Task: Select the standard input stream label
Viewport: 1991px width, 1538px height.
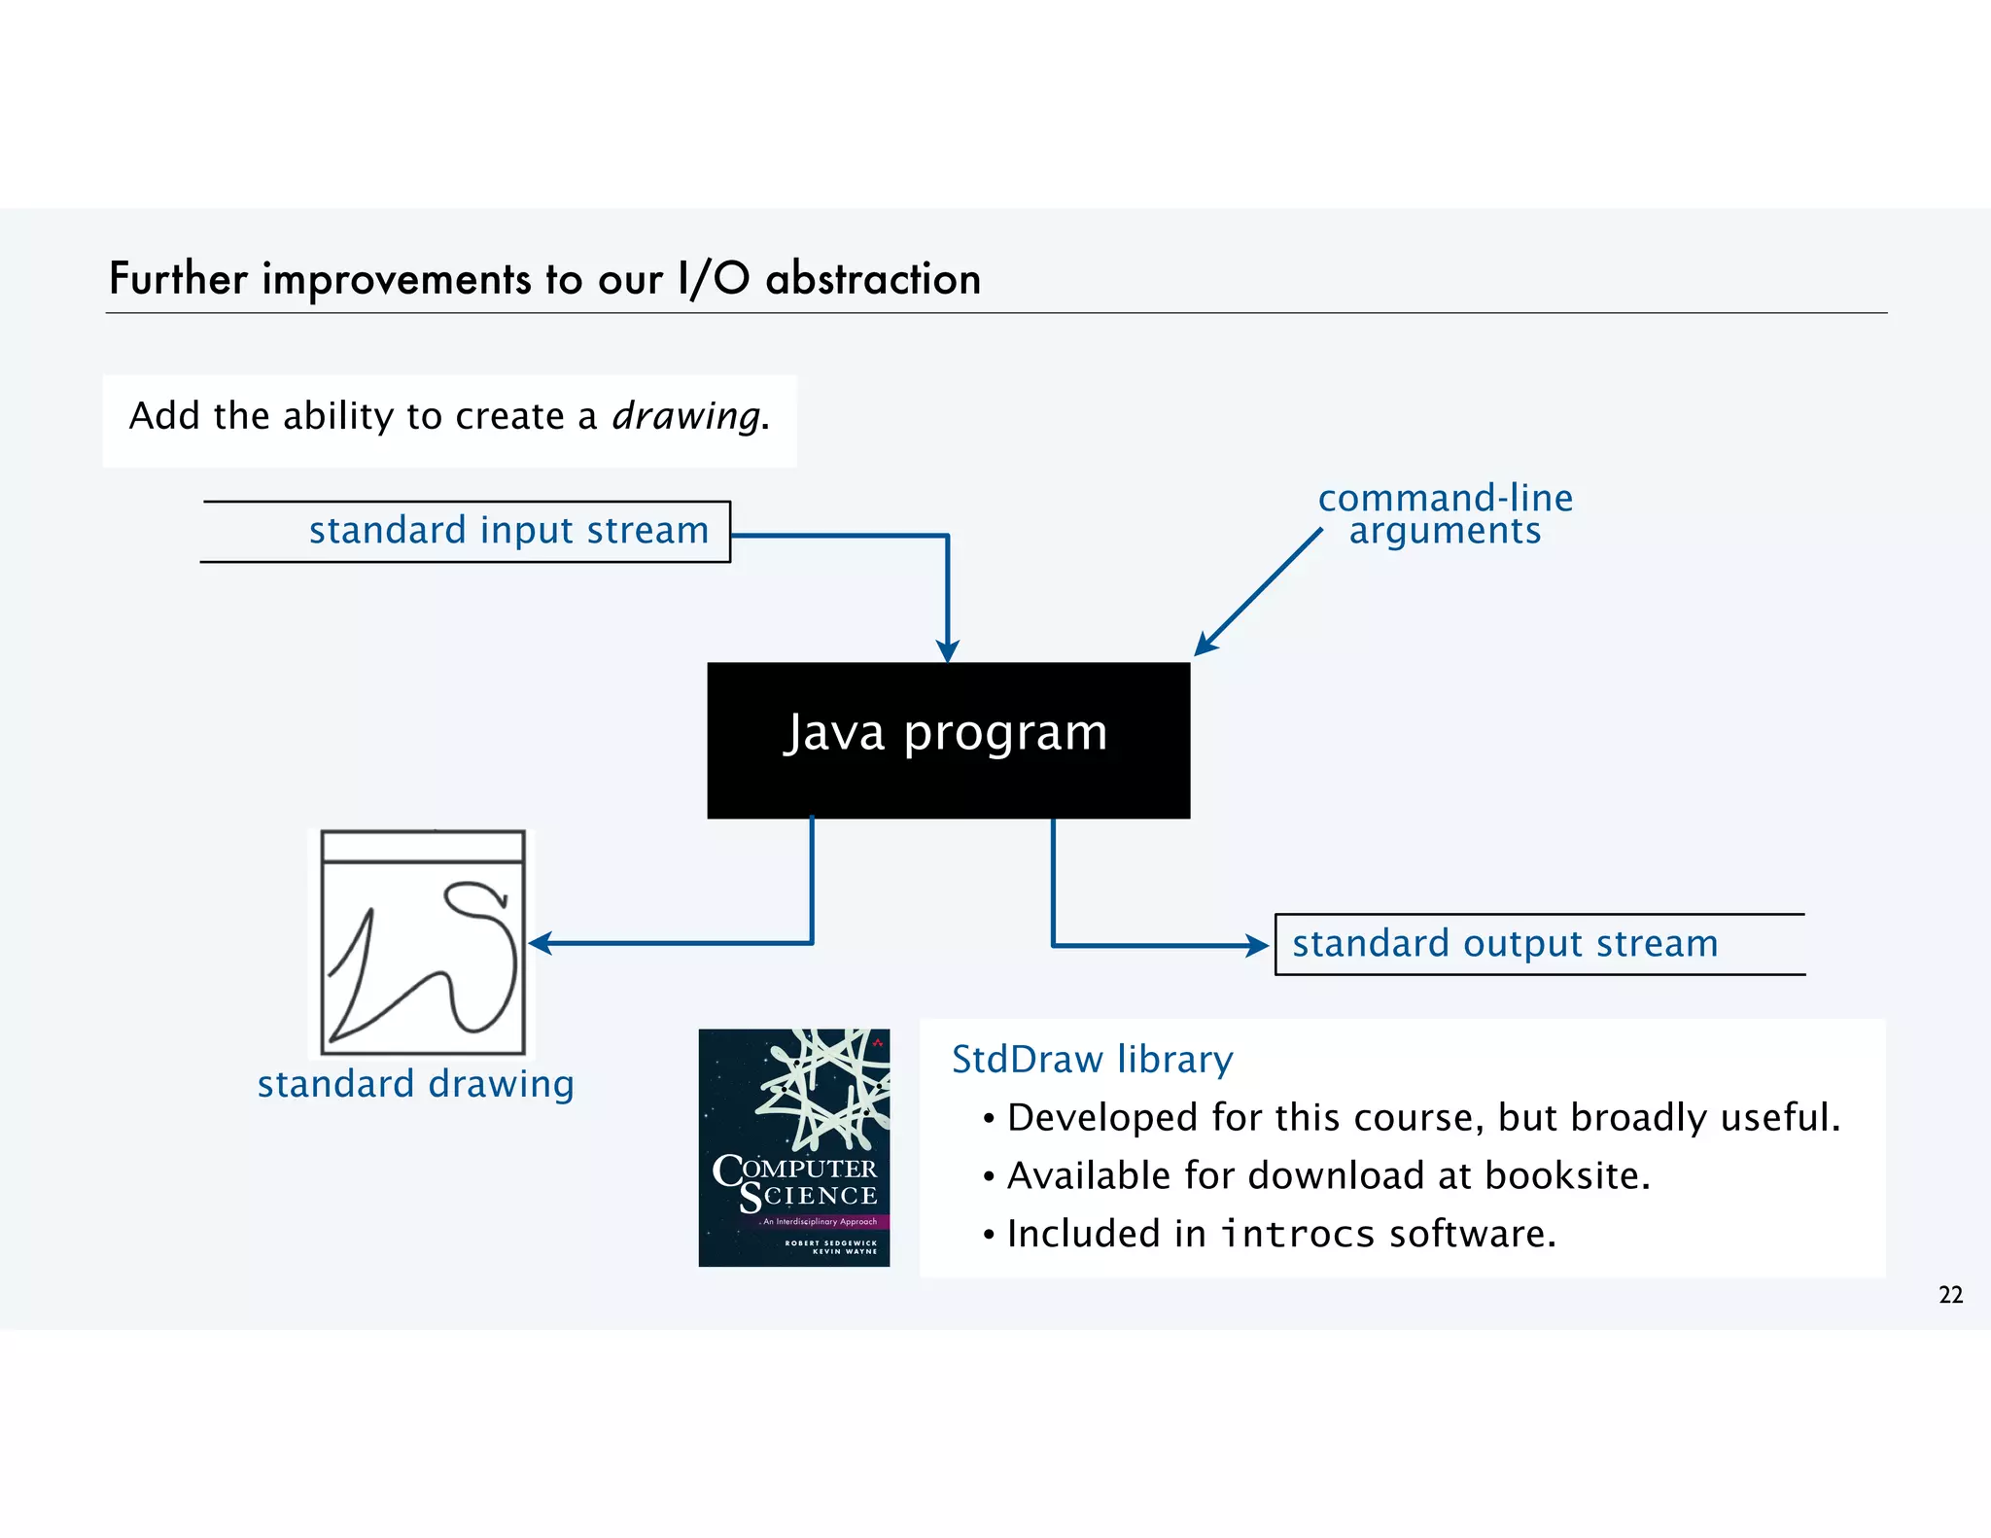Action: pyautogui.click(x=508, y=531)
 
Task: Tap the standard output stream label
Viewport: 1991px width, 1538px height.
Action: pyautogui.click(x=1505, y=944)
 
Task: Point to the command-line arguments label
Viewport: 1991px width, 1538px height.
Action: pyautogui.click(x=1445, y=514)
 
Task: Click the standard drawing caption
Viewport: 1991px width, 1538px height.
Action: pyautogui.click(x=415, y=1084)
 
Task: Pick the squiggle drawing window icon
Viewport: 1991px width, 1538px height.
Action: pyautogui.click(x=423, y=942)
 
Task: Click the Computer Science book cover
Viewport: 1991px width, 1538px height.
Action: pyautogui.click(x=793, y=1147)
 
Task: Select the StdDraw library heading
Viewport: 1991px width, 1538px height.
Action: pyautogui.click(x=1092, y=1059)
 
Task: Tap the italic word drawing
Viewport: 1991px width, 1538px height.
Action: pyautogui.click(x=686, y=416)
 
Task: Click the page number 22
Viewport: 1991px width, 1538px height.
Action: pyautogui.click(x=1950, y=1295)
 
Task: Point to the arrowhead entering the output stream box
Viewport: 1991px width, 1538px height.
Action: pyautogui.click(x=1260, y=945)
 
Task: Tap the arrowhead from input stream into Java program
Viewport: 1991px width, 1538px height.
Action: pyautogui.click(x=948, y=650)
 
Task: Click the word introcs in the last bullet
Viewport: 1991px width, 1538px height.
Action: pyautogui.click(x=1297, y=1234)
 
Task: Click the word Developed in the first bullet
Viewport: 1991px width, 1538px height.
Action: pyautogui.click(x=1102, y=1118)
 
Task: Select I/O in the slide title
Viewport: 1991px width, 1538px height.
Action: pyautogui.click(x=714, y=279)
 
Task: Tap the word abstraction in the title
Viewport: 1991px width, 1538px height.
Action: pyautogui.click(x=873, y=279)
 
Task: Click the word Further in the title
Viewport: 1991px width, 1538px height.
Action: pyautogui.click(x=178, y=279)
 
